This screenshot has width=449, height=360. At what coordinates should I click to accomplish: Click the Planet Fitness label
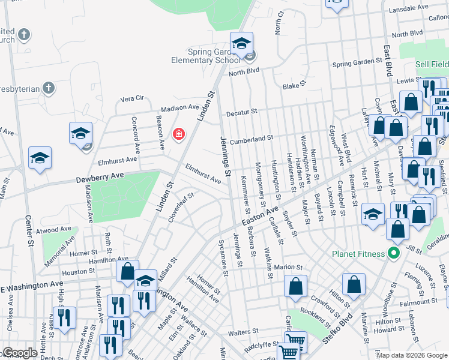point(359,254)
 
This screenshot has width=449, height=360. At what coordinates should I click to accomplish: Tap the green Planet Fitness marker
point(394,253)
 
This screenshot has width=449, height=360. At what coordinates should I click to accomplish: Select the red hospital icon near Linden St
point(178,134)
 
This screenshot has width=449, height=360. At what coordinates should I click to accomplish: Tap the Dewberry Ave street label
point(99,178)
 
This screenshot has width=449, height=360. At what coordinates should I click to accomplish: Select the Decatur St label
point(241,112)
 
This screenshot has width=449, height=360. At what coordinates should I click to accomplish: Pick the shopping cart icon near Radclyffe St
point(289,354)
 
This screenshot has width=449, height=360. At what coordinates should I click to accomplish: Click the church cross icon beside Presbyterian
point(49,89)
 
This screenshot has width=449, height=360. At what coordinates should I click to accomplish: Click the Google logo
point(20,353)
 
